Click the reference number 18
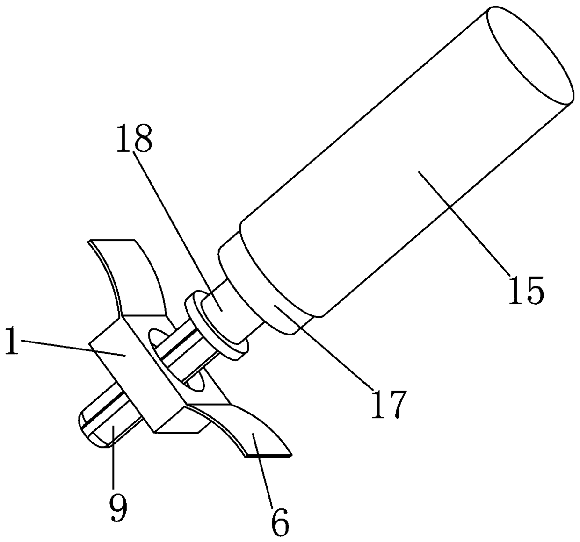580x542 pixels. (x=134, y=139)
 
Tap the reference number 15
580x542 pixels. (x=526, y=290)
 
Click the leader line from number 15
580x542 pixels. (x=464, y=223)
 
